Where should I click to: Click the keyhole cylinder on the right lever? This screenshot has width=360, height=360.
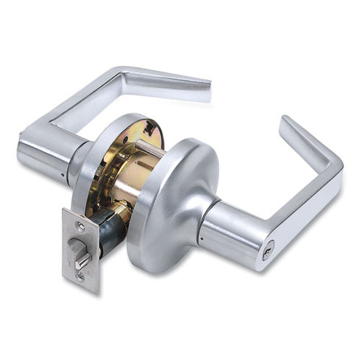(x=267, y=251)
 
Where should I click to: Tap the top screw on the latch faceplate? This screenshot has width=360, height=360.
(x=81, y=226)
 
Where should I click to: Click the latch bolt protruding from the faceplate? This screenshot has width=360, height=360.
(x=81, y=251)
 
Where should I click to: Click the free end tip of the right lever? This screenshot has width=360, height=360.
(x=286, y=122)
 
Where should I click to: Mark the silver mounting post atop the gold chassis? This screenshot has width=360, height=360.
(x=146, y=149)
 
